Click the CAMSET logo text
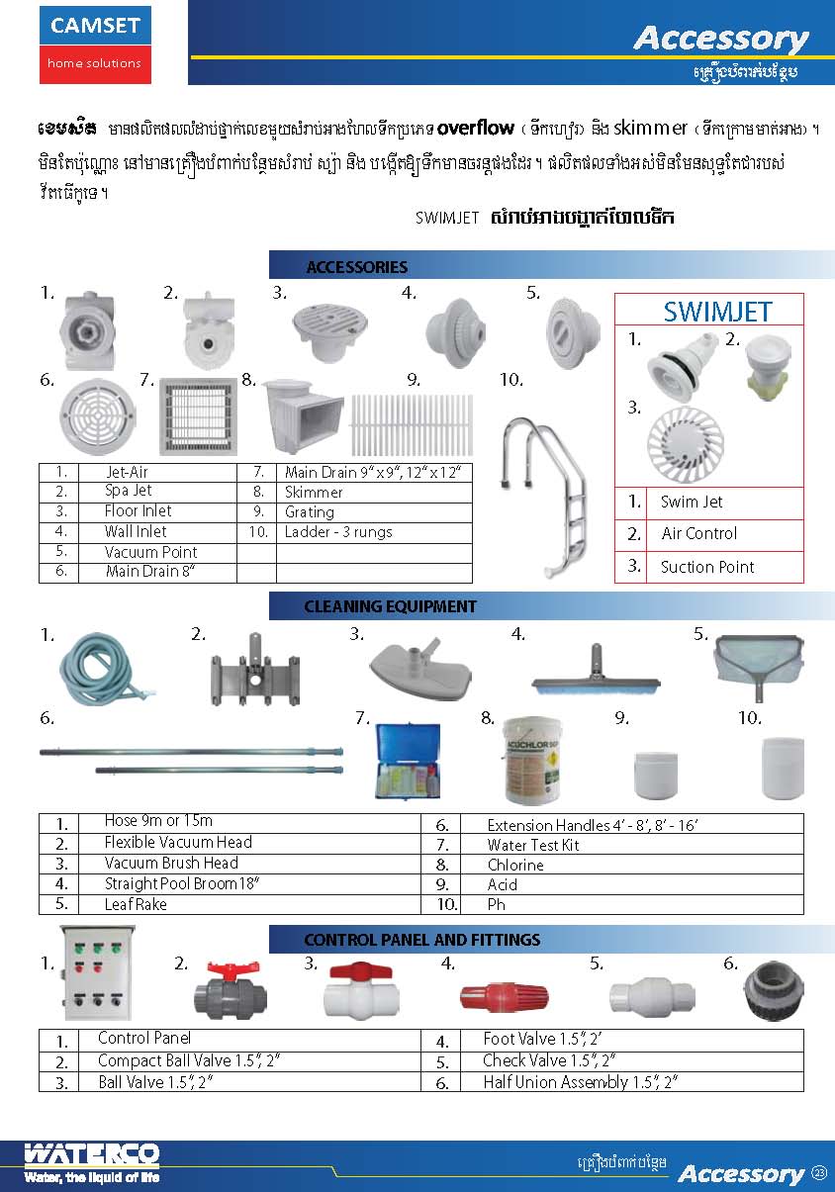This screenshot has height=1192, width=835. point(95,27)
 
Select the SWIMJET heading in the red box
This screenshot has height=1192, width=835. point(717,312)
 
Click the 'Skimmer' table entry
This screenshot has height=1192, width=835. point(314,492)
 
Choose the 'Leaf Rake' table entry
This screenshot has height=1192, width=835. point(136,904)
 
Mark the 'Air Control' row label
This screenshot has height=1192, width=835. point(698,533)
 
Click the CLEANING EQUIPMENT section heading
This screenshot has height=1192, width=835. point(390,606)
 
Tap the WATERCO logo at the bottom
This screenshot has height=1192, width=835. point(91,1155)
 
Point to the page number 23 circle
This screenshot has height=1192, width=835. point(819,1172)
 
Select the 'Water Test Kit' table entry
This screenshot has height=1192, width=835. point(533,845)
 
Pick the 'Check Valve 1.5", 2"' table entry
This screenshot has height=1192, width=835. point(549,1060)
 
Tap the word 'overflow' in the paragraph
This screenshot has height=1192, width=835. point(475,128)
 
